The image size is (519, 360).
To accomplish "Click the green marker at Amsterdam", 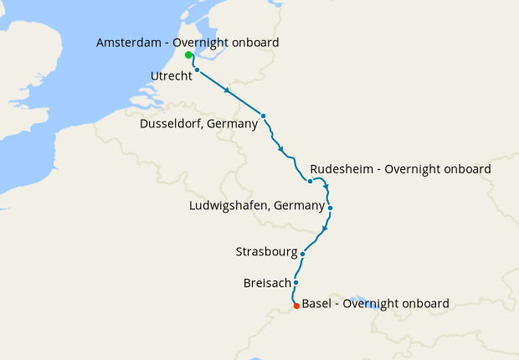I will click(188, 55).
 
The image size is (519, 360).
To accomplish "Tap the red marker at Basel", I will click(296, 306).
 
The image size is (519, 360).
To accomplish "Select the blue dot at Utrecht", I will click(197, 70).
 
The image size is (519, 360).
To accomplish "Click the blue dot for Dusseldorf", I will click(263, 116).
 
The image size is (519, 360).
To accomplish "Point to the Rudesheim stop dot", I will click(310, 181).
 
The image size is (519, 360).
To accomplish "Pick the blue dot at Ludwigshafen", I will click(331, 208).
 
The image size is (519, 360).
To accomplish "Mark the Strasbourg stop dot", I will click(302, 254).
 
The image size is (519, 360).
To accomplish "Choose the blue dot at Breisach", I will click(295, 283).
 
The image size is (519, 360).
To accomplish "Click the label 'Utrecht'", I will click(172, 76).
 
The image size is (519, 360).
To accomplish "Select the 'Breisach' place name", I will click(265, 283).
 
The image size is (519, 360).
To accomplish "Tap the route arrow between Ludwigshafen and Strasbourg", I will click(325, 229).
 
